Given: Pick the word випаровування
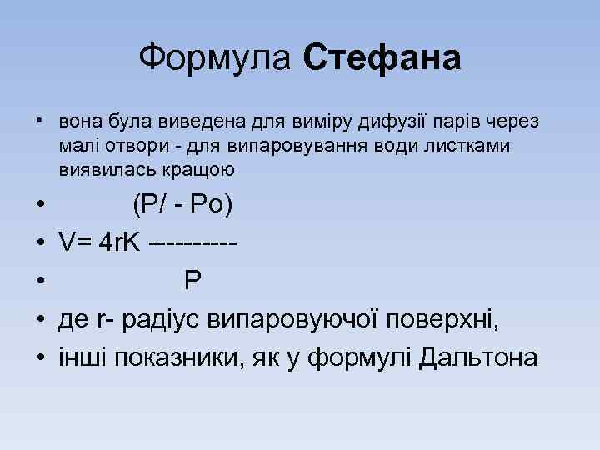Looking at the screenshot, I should [x=287, y=146].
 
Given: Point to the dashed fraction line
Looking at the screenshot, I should [x=193, y=243].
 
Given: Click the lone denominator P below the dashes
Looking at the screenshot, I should [x=192, y=281].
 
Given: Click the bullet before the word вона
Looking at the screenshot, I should [x=40, y=122].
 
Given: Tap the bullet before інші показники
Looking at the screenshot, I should [x=40, y=357].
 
